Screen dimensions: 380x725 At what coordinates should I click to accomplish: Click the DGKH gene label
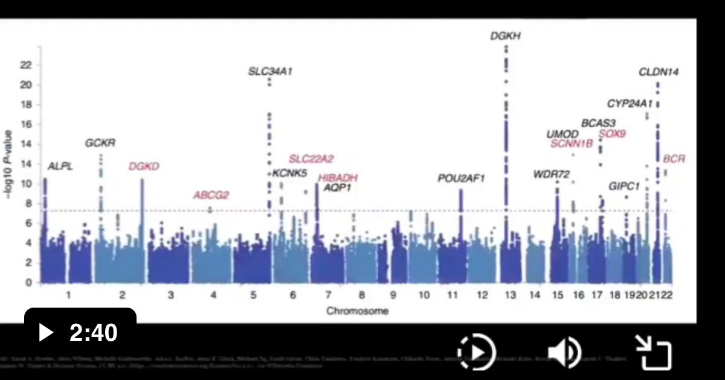505,36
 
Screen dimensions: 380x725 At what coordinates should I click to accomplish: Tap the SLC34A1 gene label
270,72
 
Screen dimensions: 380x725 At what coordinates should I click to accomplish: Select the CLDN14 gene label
659,72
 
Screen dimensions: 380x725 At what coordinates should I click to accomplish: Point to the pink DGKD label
144,166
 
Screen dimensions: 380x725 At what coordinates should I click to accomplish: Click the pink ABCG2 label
211,195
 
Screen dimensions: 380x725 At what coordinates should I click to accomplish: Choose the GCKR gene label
100,144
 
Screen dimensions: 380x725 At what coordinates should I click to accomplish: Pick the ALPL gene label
60,166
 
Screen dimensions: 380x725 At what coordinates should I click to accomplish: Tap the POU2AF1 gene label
462,178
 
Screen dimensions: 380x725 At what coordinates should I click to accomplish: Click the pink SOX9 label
612,134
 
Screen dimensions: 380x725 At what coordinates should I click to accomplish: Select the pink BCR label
674,159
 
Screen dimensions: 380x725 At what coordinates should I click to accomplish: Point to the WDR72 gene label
551,175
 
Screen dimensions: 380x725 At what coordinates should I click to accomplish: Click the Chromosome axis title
357,311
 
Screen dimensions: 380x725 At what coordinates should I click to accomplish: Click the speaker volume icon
564,352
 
